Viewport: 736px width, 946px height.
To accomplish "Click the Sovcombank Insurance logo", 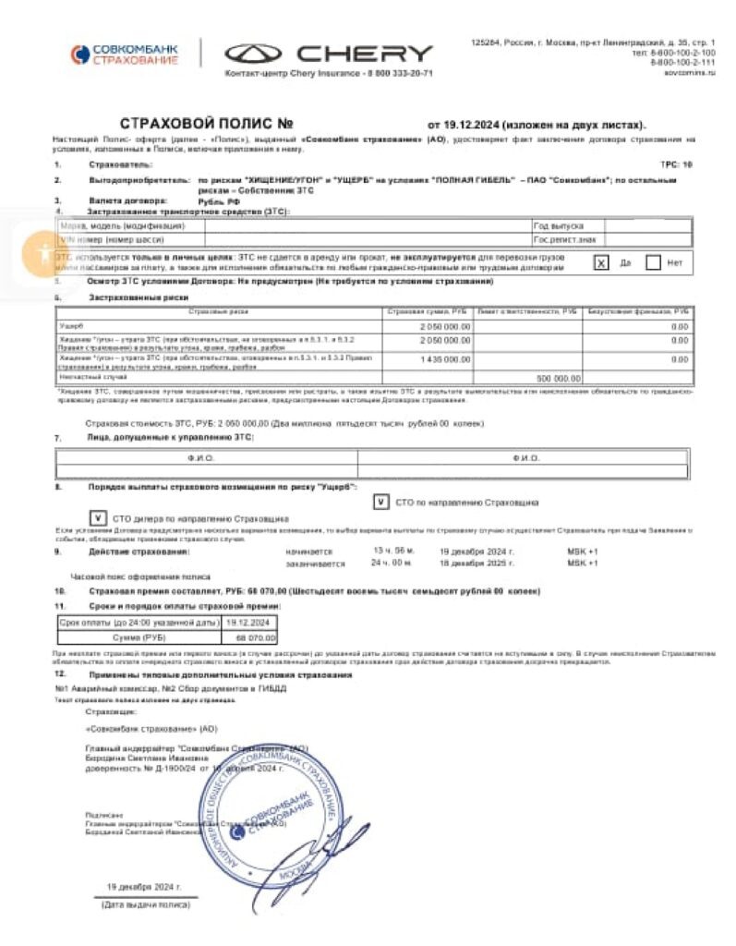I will pos(123,54).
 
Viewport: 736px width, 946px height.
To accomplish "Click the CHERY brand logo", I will pos(329,54).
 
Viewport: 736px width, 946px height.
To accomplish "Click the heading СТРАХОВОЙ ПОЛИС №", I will pos(206,124).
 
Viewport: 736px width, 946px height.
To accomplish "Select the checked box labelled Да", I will pos(601,262).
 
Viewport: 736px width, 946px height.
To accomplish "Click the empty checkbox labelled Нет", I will pos(654,262).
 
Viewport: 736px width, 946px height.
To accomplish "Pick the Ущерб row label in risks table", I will pos(72,325).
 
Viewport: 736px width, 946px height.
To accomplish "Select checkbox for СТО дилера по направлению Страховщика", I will pos(97,518).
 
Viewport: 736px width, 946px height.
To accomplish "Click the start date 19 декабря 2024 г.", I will pos(477,551).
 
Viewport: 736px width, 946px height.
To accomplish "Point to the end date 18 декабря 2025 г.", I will pos(477,562).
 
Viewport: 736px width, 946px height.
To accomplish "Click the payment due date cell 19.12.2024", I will pos(247,624).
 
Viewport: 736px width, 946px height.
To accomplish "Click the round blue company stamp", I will pos(277,809).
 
